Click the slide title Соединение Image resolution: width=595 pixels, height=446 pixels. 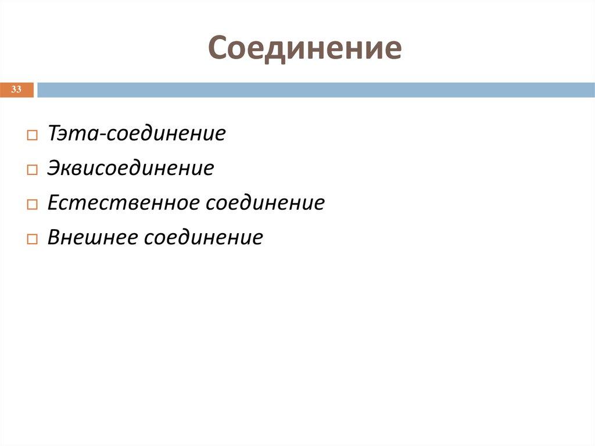click(x=305, y=48)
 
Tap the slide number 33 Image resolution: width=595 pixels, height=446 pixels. click(x=16, y=90)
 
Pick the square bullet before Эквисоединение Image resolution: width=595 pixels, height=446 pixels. click(x=31, y=170)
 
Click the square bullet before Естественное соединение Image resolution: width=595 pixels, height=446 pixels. click(x=31, y=205)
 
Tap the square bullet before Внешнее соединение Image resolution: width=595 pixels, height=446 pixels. click(x=31, y=239)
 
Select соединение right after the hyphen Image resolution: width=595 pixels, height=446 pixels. click(x=165, y=134)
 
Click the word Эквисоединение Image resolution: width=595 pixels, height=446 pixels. click(x=131, y=169)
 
